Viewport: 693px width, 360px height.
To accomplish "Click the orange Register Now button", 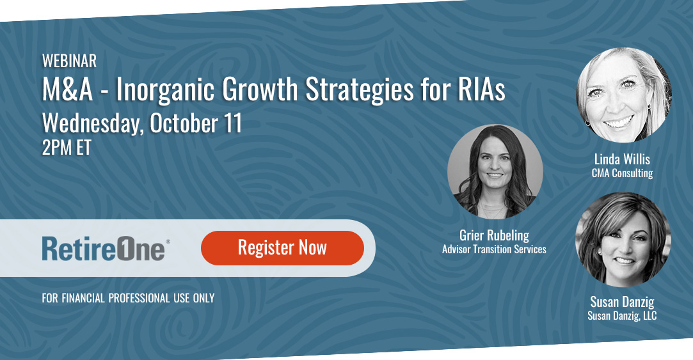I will pyautogui.click(x=282, y=248).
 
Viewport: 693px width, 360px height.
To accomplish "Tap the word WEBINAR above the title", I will pyautogui.click(x=69, y=61).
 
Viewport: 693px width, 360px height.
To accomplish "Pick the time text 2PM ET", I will pyautogui.click(x=67, y=148).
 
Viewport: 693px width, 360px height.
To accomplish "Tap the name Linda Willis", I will pyautogui.click(x=622, y=160).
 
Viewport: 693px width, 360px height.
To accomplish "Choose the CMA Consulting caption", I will pyautogui.click(x=622, y=173).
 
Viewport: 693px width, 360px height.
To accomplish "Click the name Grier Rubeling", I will pyautogui.click(x=494, y=235).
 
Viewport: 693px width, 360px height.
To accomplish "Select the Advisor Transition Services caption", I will pyautogui.click(x=494, y=249).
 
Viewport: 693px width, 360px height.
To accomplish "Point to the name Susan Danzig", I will pyautogui.click(x=622, y=302).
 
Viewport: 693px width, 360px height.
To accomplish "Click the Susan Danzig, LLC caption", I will pyautogui.click(x=622, y=315).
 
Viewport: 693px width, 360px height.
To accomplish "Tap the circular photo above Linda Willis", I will pyautogui.click(x=623, y=95).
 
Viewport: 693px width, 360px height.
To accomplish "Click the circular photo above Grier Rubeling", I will pyautogui.click(x=495, y=171).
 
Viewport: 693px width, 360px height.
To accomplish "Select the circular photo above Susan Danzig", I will pyautogui.click(x=623, y=239).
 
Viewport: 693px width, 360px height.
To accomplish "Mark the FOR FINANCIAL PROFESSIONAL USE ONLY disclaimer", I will pyautogui.click(x=128, y=298).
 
